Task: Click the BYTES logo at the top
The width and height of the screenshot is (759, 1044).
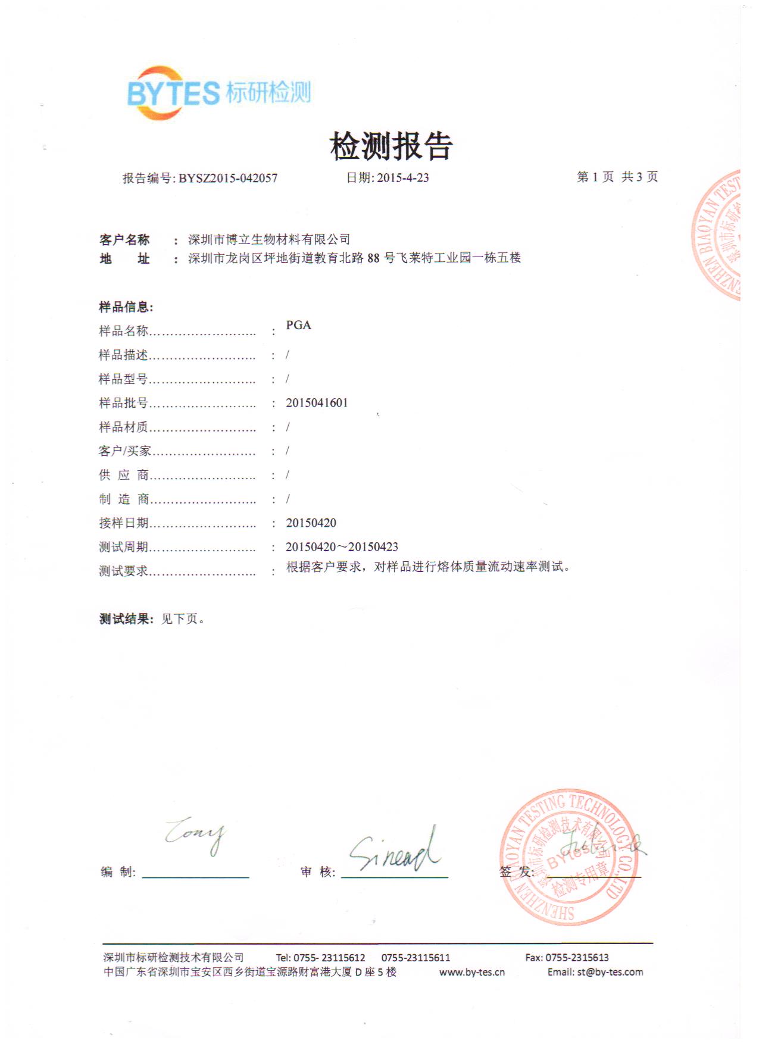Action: pyautogui.click(x=218, y=93)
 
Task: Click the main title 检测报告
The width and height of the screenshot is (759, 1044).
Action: pyautogui.click(x=391, y=146)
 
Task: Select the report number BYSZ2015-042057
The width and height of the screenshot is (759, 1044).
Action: pyautogui.click(x=228, y=178)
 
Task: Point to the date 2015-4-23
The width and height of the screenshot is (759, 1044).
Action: pyautogui.click(x=402, y=178)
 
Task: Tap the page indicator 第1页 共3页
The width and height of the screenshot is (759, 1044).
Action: pyautogui.click(x=617, y=177)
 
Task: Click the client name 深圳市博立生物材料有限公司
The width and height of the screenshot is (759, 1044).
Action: pyautogui.click(x=269, y=239)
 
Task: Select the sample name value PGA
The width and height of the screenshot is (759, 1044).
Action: pyautogui.click(x=298, y=325)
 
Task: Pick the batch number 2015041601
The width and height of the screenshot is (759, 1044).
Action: pyautogui.click(x=317, y=403)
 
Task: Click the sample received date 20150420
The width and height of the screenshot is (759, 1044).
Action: pyautogui.click(x=311, y=523)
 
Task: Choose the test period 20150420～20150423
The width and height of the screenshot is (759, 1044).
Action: pyautogui.click(x=342, y=546)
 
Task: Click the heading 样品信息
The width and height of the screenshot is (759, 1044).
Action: pyautogui.click(x=126, y=307)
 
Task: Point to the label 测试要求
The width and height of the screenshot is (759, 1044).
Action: pyautogui.click(x=123, y=571)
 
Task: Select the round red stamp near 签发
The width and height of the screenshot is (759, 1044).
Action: pyautogui.click(x=569, y=858)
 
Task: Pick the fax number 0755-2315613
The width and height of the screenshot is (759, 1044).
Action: pyautogui.click(x=576, y=958)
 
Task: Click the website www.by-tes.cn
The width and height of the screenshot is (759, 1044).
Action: pyautogui.click(x=471, y=973)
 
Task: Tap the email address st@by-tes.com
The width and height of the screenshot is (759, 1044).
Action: pyautogui.click(x=610, y=972)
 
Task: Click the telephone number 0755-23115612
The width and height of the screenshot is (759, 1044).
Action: pyautogui.click(x=329, y=958)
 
